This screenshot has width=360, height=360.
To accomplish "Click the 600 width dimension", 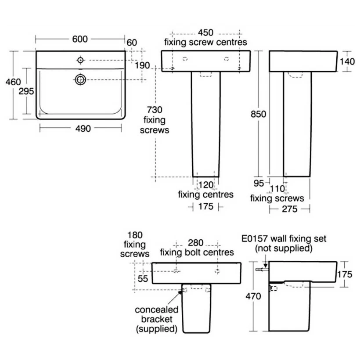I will (79, 39).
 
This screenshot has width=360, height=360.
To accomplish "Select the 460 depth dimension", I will (13, 82).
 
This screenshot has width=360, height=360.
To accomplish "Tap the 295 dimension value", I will (26, 92).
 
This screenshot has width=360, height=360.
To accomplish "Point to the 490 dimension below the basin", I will (81, 129).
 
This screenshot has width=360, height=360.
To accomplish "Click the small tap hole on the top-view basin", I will (80, 60).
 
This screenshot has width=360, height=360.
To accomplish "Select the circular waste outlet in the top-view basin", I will (80, 79).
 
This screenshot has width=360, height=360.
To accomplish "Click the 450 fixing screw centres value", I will (205, 32).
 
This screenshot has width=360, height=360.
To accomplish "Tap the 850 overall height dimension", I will (259, 114).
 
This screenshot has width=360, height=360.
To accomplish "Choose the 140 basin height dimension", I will (347, 61).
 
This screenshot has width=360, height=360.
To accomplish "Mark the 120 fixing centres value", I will (205, 184).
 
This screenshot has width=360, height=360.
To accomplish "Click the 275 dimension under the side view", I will (289, 209).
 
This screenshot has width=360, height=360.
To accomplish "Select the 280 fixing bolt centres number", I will (196, 242).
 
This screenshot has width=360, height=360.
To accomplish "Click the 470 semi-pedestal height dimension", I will (253, 296).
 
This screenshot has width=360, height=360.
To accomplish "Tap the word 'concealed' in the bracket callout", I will (156, 310).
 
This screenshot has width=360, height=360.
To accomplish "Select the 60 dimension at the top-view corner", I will (132, 43).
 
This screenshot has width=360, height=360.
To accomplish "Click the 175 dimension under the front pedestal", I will (206, 206).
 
